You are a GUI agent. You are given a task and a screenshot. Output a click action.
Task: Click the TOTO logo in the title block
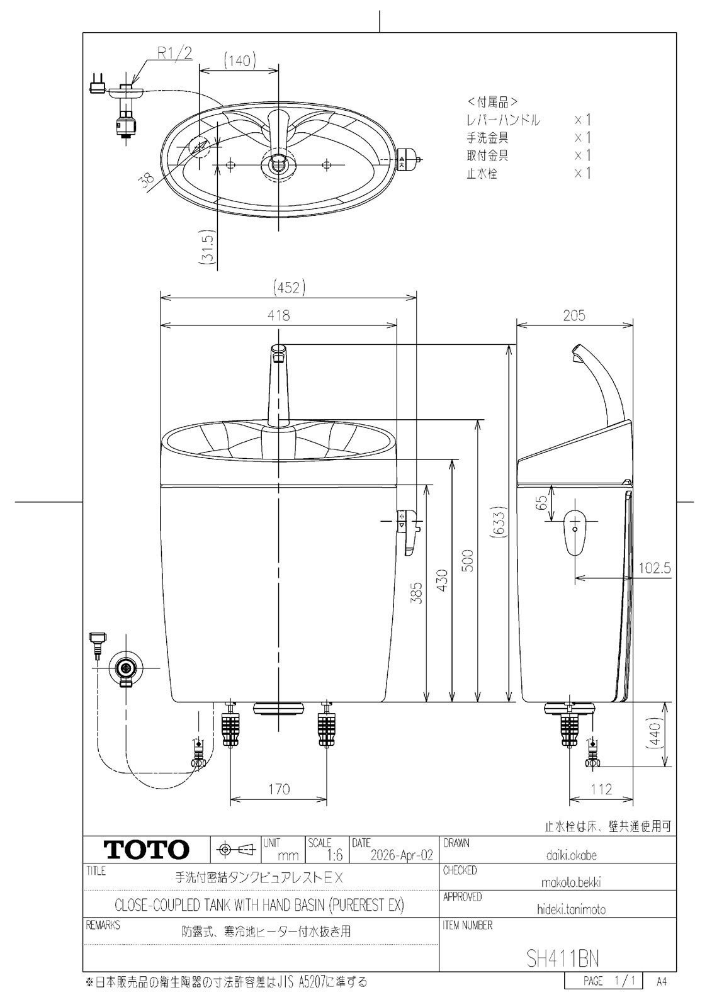(146, 849)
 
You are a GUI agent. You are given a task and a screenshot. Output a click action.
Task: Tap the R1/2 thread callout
(174, 53)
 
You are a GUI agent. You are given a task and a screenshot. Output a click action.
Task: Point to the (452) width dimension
(289, 287)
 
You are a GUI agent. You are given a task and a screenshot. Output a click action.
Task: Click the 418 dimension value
(279, 315)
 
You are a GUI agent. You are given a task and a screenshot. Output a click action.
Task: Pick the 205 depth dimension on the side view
(574, 315)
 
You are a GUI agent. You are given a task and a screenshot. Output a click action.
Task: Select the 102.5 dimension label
(655, 568)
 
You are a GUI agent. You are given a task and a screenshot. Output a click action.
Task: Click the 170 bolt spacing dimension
(279, 789)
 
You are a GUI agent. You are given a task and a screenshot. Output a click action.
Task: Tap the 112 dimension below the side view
(601, 789)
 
